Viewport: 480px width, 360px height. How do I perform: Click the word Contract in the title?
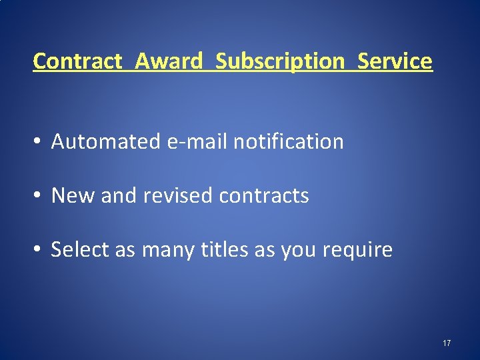pyautogui.click(x=77, y=61)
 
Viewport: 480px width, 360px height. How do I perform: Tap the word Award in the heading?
pyautogui.click(x=169, y=61)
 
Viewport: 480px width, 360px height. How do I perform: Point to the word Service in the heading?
pyautogui.click(x=395, y=61)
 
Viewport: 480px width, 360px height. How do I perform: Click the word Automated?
pyautogui.click(x=106, y=141)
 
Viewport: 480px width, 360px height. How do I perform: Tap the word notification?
pyautogui.click(x=289, y=141)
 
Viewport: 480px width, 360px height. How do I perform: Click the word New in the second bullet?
pyautogui.click(x=66, y=195)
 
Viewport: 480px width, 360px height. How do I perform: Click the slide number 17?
pyautogui.click(x=447, y=343)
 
